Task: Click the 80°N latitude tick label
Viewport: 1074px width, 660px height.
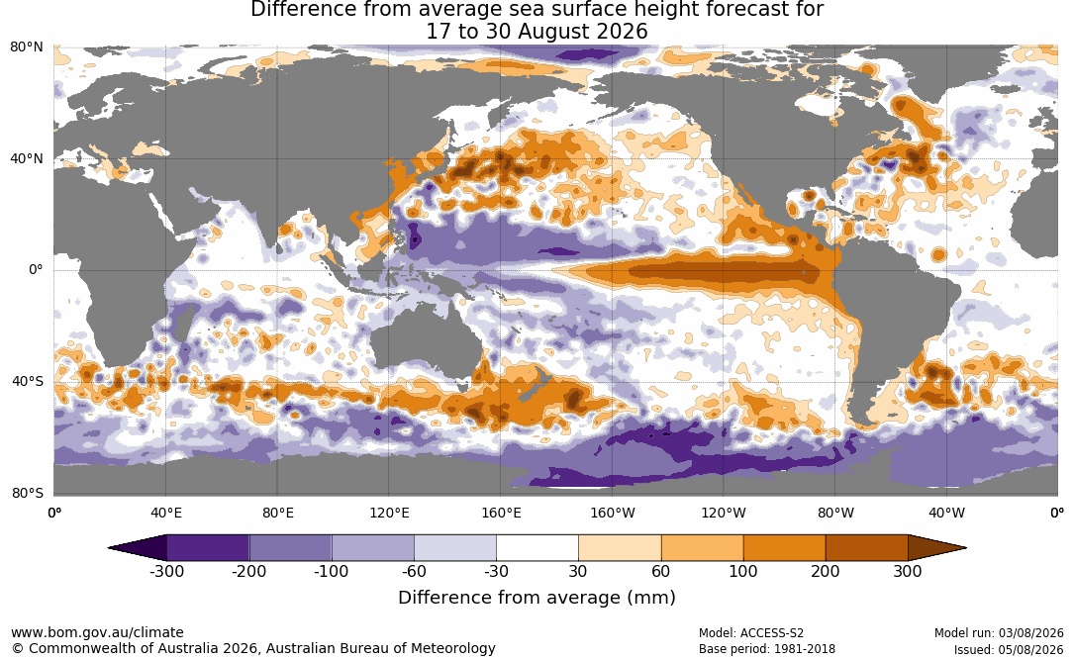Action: (x=27, y=47)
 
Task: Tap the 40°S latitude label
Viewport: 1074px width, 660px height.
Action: (x=28, y=381)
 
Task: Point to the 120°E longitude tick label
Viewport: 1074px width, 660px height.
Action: (x=389, y=513)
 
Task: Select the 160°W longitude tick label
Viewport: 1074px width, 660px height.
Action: (x=613, y=513)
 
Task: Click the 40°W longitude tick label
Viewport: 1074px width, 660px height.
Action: (x=946, y=513)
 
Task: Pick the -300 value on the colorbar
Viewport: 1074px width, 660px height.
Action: (x=166, y=571)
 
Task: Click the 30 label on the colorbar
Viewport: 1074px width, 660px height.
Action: (x=578, y=571)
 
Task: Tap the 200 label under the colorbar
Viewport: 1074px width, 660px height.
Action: (x=826, y=571)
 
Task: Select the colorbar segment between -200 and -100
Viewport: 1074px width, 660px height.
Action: (x=290, y=548)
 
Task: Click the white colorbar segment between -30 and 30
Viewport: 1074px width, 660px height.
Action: (x=537, y=548)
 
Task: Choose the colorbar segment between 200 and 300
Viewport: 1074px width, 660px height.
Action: (x=866, y=548)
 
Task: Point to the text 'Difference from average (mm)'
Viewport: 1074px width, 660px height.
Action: (x=537, y=598)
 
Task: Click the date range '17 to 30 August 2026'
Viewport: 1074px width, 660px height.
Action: (x=537, y=32)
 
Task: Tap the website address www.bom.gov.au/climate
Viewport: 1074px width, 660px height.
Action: (x=97, y=632)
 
